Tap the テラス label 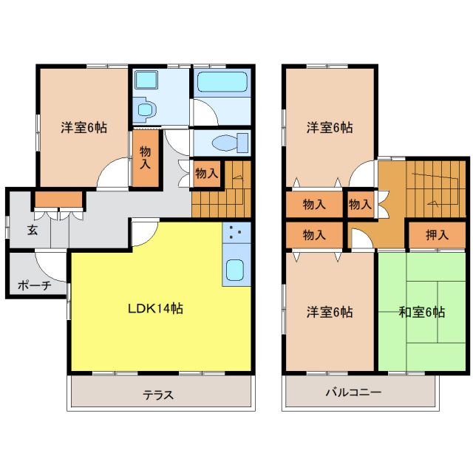[x=158, y=395]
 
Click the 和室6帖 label [x=421, y=312]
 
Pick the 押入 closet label [x=437, y=235]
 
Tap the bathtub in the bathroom [x=221, y=82]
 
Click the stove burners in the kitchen [x=236, y=234]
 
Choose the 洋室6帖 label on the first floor [x=84, y=127]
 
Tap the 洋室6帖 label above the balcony [x=330, y=312]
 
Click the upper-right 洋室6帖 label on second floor [x=330, y=127]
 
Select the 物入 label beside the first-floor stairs [x=207, y=174]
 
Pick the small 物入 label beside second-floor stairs [x=359, y=205]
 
